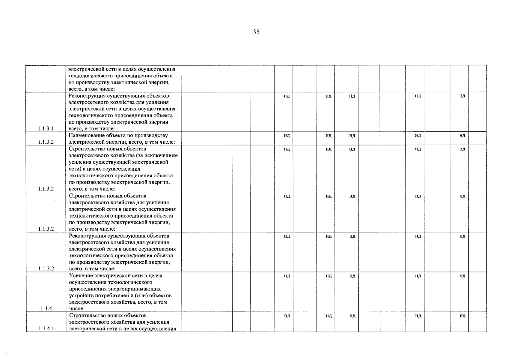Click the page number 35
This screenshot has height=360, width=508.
click(256, 32)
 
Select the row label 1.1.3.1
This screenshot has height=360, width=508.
click(46, 129)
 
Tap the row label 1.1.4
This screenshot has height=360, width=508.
click(46, 308)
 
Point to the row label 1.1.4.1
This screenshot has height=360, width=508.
click(46, 328)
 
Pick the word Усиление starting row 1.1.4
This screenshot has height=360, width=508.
click(81, 276)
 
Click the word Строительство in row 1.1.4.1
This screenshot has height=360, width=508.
click(86, 316)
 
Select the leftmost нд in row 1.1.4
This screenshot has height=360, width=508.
click(287, 276)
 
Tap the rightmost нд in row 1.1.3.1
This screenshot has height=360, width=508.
click(462, 96)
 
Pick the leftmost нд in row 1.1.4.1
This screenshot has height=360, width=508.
click(287, 316)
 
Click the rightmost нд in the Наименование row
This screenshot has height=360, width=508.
click(462, 136)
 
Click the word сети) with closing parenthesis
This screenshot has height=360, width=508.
click(75, 169)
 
